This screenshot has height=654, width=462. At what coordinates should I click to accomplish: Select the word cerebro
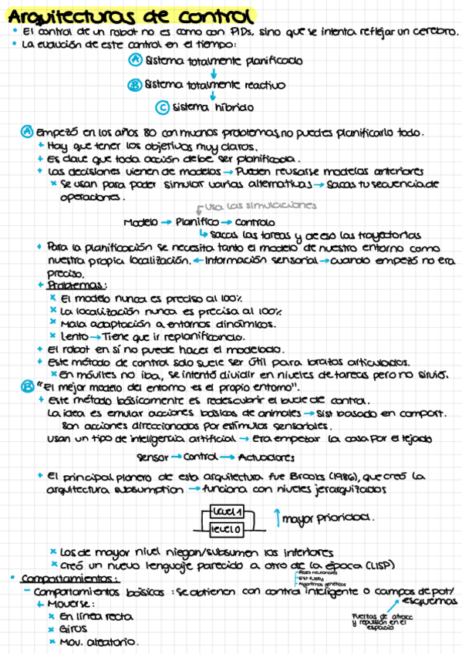point(433,32)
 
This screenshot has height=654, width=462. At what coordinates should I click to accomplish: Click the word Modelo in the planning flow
point(140,222)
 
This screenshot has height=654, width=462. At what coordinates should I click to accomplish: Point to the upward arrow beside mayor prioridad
point(276,519)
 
